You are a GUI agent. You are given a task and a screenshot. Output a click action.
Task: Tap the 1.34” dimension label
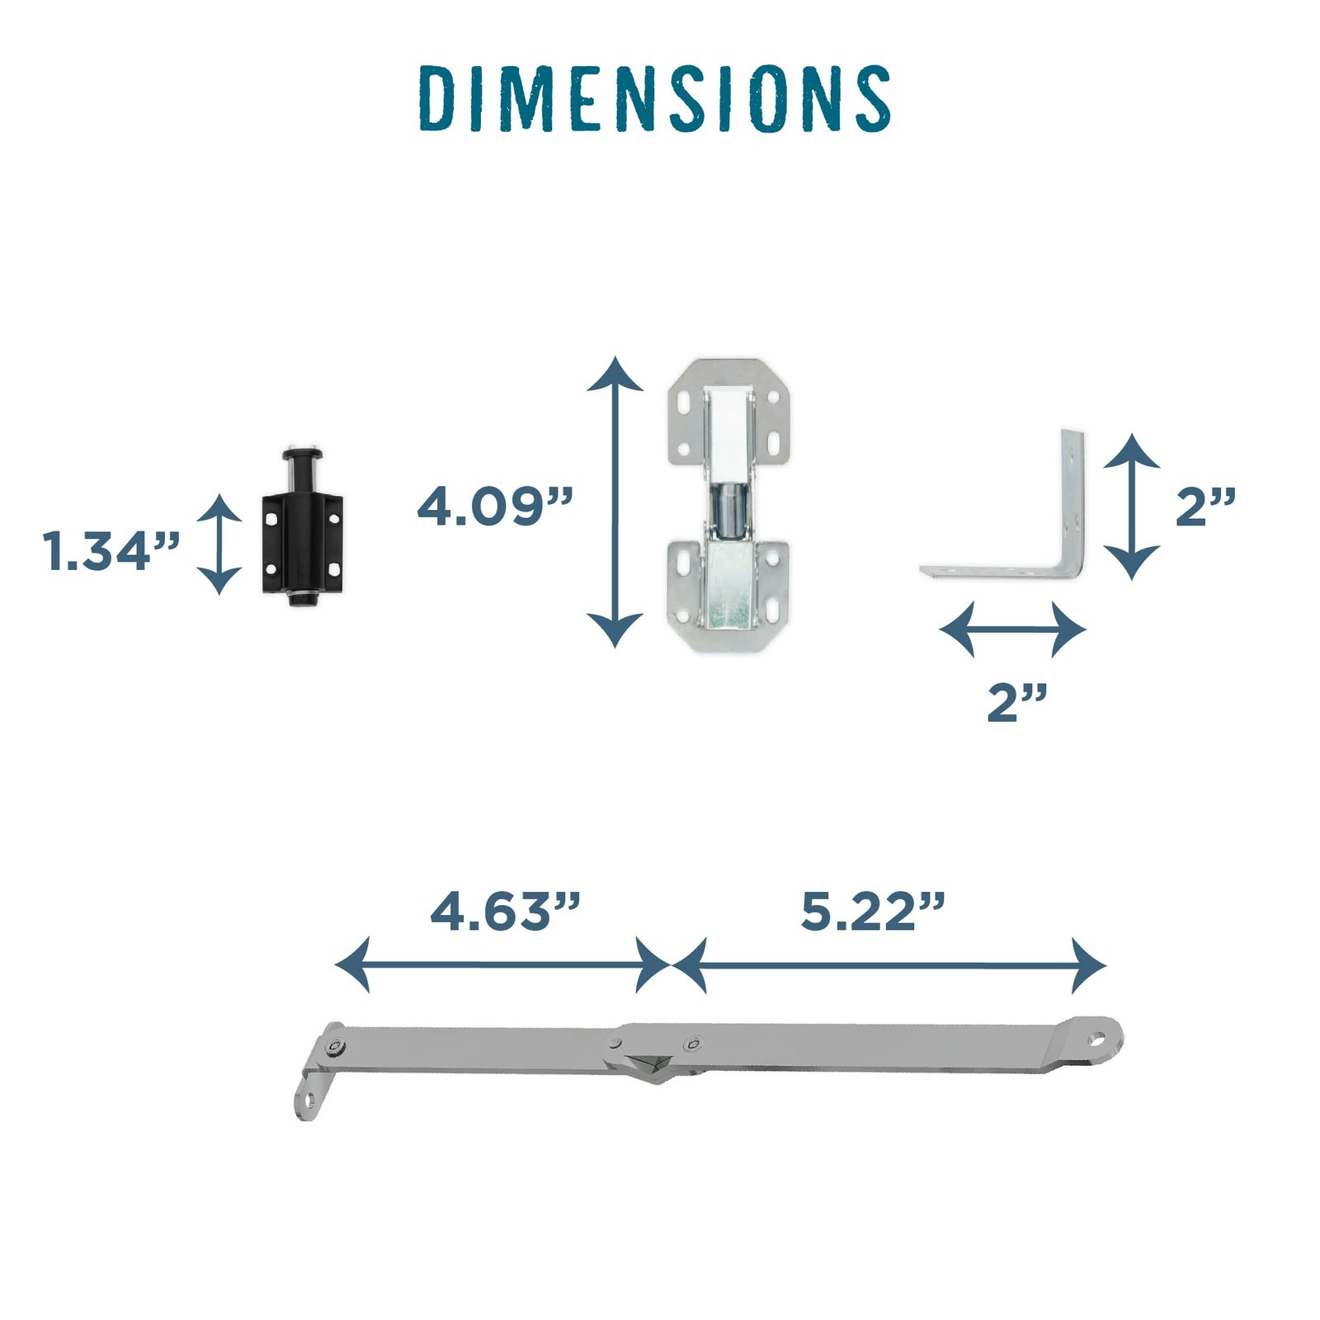[x=111, y=551]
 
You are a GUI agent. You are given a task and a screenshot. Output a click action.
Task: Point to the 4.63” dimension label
[x=505, y=911]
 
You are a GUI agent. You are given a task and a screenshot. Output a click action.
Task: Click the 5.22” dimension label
[x=872, y=911]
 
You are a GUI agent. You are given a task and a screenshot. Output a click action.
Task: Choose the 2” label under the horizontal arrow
[x=1016, y=702]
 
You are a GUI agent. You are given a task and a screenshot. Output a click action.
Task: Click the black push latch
[x=302, y=528]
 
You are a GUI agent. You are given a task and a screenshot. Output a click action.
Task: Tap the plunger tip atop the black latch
[x=301, y=455]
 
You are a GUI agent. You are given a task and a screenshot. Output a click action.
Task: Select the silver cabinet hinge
[x=728, y=505]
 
